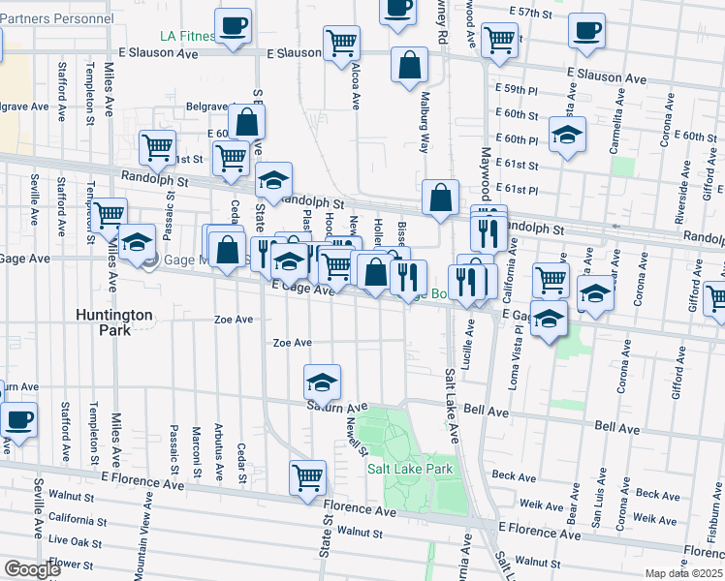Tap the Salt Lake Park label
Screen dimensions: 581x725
(x=410, y=469)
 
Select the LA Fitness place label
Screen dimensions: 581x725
(x=184, y=37)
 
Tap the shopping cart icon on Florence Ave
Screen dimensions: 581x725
(x=307, y=476)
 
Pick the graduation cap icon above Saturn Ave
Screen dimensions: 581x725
(x=322, y=382)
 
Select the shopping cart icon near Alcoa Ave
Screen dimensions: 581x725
(x=341, y=44)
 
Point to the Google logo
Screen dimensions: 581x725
(x=32, y=568)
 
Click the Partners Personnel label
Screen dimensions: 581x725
(x=56, y=18)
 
